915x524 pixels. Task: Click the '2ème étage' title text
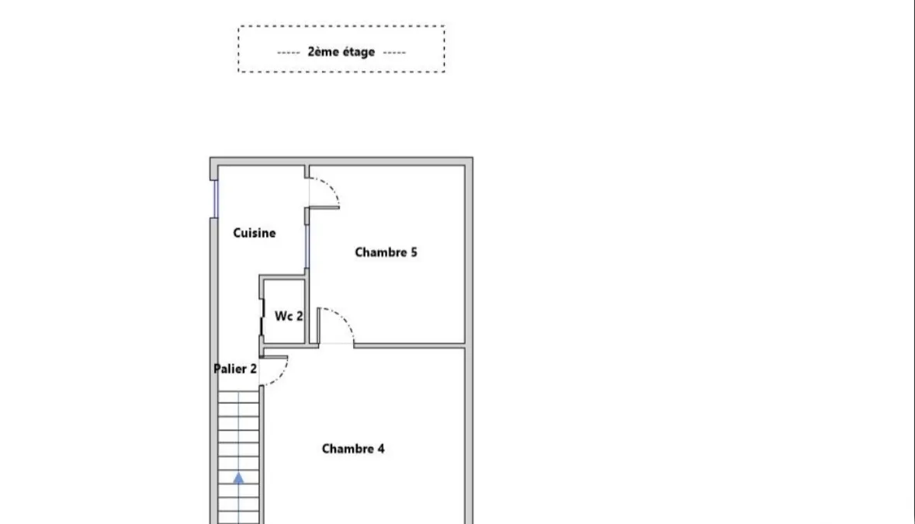(x=341, y=52)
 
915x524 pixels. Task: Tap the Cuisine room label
(x=255, y=233)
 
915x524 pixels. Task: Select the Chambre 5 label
(x=386, y=252)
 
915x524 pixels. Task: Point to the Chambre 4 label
(x=353, y=449)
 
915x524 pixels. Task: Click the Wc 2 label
(x=289, y=316)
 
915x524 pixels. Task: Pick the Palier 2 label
(x=235, y=369)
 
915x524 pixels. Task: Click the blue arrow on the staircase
(x=239, y=478)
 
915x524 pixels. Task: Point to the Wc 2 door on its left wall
(x=262, y=318)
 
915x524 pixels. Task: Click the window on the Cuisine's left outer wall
(x=215, y=199)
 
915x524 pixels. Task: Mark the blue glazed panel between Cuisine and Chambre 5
(x=307, y=246)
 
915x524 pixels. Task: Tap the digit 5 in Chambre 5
(x=414, y=252)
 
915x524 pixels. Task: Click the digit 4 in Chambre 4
(x=381, y=449)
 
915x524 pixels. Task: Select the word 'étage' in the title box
(x=359, y=53)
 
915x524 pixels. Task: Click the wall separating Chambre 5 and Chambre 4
(x=409, y=346)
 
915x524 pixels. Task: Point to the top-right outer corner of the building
(x=473, y=157)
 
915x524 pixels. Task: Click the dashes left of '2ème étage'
(x=288, y=53)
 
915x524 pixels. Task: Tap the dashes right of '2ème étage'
(x=394, y=53)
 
